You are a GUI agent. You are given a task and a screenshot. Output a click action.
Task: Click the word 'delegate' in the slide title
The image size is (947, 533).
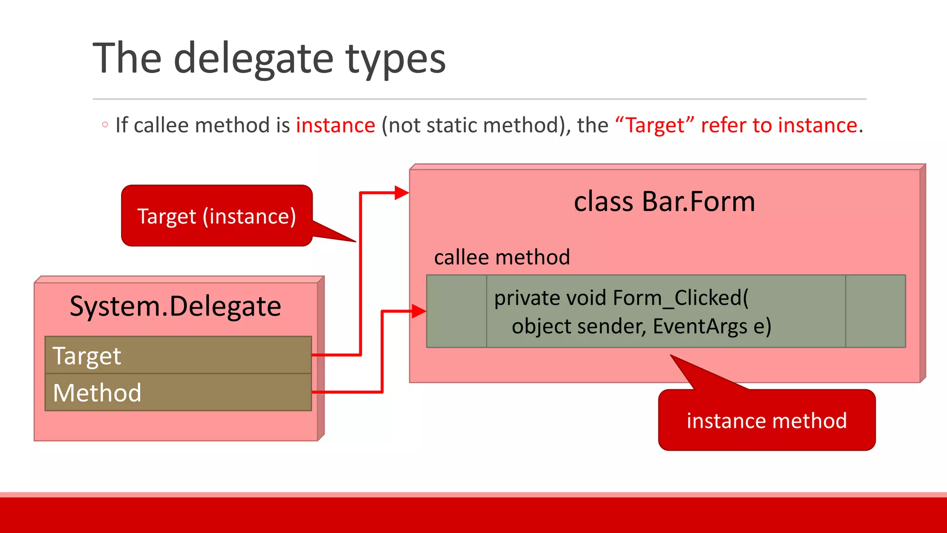coord(253,59)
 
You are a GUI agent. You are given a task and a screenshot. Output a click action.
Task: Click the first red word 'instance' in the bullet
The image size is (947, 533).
coord(335,125)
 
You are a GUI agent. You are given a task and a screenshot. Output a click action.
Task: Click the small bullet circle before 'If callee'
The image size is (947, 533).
coord(105,124)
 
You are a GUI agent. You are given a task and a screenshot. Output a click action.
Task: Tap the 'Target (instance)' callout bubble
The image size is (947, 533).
coord(216,216)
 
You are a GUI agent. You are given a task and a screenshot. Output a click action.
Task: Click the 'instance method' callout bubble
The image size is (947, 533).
coord(766,421)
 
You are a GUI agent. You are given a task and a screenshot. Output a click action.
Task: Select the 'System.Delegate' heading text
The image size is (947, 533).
coord(175,306)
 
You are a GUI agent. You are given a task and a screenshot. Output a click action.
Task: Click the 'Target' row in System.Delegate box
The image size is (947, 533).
coord(178,355)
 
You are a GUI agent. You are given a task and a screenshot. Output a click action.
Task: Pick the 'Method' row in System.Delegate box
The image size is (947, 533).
coord(178,392)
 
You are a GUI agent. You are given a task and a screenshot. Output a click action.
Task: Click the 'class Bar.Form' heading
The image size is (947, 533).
coord(664,202)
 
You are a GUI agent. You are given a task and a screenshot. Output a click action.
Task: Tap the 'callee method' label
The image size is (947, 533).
coord(502,257)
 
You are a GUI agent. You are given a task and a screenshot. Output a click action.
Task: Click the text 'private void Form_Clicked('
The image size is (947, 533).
coord(621,297)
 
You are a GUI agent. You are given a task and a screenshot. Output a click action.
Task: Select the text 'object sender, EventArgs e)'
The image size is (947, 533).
coord(641,326)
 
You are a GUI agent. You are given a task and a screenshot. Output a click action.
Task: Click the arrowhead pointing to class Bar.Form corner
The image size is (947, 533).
coord(401,192)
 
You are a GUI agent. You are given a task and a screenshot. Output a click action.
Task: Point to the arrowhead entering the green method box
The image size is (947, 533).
coord(418,311)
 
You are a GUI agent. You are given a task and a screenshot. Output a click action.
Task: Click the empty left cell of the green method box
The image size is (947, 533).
coord(456,311)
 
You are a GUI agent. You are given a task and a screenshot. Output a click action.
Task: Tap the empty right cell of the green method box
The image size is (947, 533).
coord(875,311)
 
